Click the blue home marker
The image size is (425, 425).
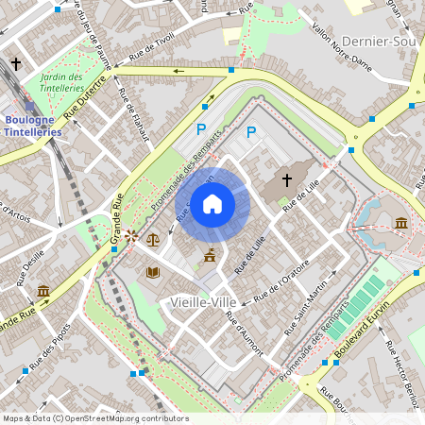coord(212,203)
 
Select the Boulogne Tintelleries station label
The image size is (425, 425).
coord(34,126)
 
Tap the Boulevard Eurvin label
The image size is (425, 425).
coord(363,334)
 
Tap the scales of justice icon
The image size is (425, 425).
coord(153,240)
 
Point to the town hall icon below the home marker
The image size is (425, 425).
coord(210,255)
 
